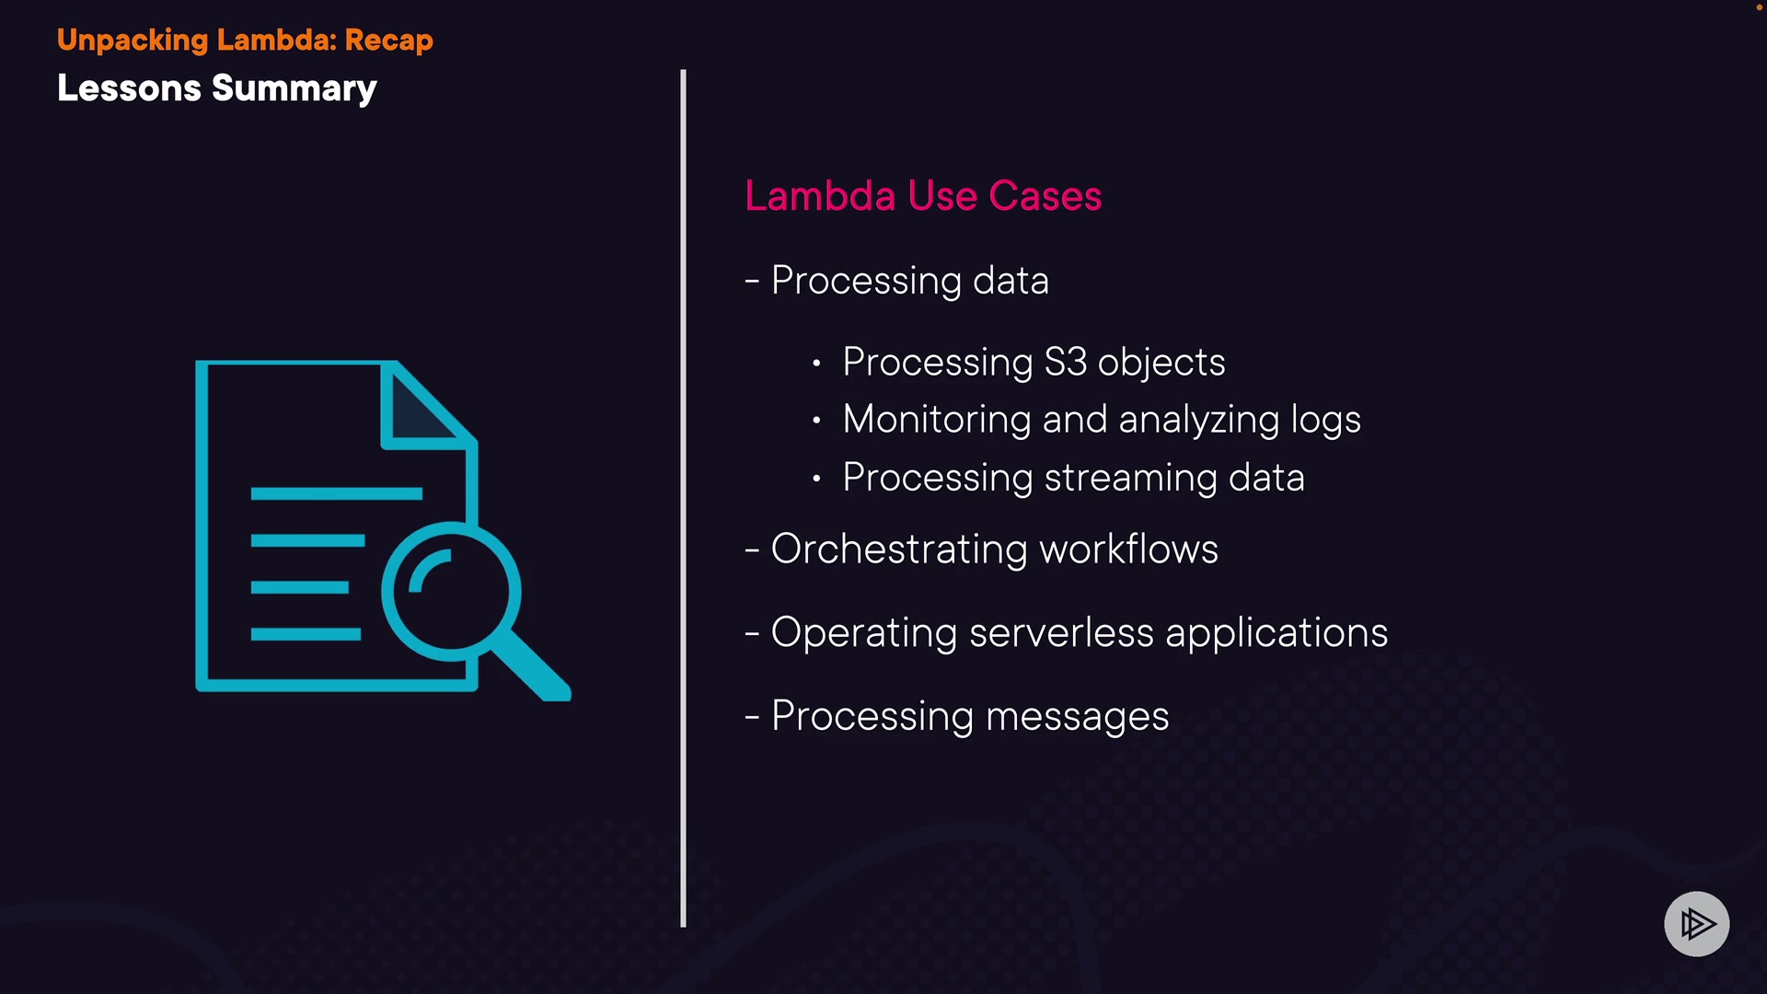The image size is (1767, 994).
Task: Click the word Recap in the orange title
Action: point(388,40)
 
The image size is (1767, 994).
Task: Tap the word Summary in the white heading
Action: point(294,89)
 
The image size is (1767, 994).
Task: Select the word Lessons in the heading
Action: point(129,88)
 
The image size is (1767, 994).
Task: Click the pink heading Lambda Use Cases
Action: point(922,196)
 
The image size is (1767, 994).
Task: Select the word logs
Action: point(1325,421)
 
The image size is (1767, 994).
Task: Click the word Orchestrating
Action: point(899,549)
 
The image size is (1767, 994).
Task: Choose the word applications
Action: point(1276,633)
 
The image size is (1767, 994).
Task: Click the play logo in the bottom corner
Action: point(1696,923)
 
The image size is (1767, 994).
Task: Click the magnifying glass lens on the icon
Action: point(451,591)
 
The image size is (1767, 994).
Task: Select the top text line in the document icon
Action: point(336,494)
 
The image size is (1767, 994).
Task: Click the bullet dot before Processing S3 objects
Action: point(816,364)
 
